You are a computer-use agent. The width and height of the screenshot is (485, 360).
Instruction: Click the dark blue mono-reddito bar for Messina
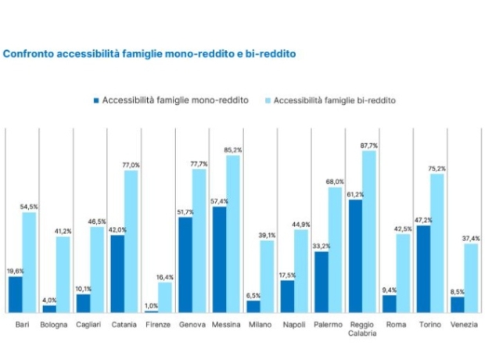coord(220,259)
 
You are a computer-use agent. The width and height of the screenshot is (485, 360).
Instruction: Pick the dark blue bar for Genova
coord(185,265)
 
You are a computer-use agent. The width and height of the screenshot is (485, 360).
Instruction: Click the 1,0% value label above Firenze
coord(151,305)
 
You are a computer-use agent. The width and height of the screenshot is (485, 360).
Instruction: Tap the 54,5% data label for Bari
coord(29,207)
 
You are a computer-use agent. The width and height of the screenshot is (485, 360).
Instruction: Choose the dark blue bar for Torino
coord(423,268)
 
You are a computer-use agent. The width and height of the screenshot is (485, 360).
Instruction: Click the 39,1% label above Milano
coord(267,235)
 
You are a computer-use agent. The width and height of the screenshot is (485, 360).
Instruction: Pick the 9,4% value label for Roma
coord(389,290)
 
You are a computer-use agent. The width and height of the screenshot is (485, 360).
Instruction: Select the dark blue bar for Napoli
coord(287,297)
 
